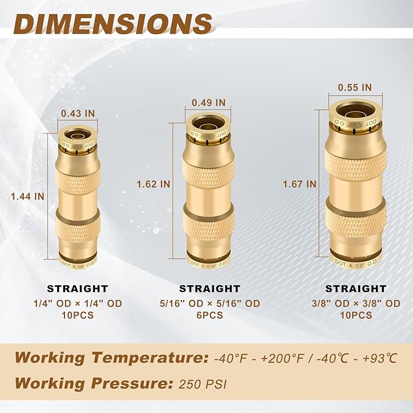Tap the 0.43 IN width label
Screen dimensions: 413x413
(x=78, y=113)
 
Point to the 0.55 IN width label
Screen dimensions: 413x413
(x=355, y=87)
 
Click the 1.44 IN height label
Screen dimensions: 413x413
(x=28, y=196)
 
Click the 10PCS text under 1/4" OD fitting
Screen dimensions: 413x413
(x=78, y=315)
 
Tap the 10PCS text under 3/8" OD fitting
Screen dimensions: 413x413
(x=355, y=315)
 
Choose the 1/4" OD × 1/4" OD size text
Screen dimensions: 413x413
(x=78, y=303)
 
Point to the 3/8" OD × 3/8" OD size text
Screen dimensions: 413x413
(x=355, y=303)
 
